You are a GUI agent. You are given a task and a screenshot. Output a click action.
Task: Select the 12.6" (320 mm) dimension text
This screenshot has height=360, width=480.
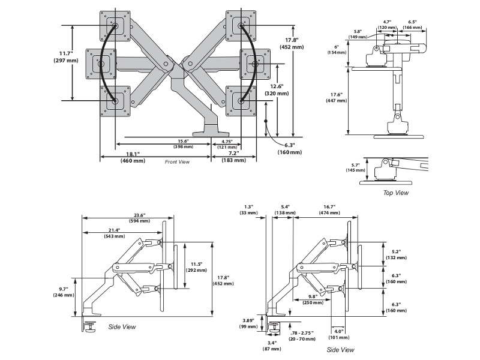278,90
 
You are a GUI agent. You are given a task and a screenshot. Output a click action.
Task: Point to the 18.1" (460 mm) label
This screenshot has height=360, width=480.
133,157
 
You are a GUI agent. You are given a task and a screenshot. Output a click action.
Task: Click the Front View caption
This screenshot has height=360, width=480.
177,162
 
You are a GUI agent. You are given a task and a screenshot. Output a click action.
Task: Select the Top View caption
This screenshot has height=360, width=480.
396,193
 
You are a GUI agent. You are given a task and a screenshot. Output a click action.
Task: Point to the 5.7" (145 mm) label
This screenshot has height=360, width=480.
355,167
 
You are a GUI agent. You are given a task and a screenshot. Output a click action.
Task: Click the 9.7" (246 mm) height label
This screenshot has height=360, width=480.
62,292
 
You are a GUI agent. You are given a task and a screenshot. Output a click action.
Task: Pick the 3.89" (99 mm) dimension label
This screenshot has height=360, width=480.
247,323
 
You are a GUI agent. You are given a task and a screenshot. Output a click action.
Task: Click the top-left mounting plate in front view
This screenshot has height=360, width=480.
113,26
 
